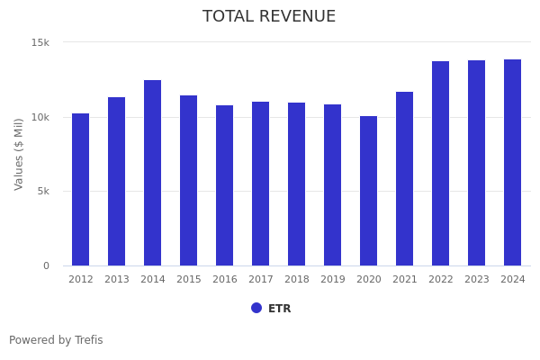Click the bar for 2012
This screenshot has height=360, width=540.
[81, 189]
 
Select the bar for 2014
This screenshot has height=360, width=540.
[153, 173]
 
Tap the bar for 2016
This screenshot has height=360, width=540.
[225, 185]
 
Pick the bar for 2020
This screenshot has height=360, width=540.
[369, 191]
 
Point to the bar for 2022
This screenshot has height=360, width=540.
[441, 163]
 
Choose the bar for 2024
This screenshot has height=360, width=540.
[513, 162]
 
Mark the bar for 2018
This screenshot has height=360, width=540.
[297, 184]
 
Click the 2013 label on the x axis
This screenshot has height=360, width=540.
[117, 280]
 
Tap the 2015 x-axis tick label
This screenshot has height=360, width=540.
[189, 280]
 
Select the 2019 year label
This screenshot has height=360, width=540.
[333, 280]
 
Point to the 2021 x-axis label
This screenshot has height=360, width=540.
[405, 280]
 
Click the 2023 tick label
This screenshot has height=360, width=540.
[477, 280]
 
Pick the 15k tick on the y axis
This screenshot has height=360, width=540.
[40, 42]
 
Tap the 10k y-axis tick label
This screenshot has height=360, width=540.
[40, 117]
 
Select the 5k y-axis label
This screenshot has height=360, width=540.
[42, 191]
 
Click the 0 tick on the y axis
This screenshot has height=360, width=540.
[47, 265]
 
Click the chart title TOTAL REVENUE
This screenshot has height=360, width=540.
[269, 17]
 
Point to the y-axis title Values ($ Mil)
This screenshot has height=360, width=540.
[20, 154]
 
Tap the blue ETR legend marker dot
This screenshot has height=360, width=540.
[256, 308]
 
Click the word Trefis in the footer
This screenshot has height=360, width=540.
[88, 340]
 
